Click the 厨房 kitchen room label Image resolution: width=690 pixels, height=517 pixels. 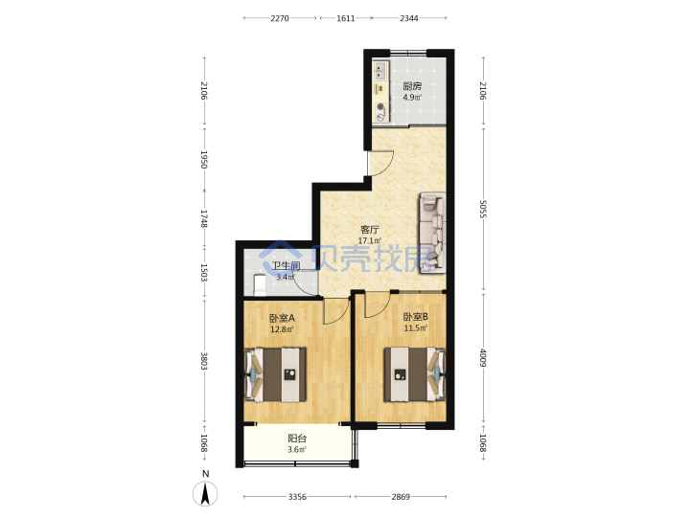[412, 86]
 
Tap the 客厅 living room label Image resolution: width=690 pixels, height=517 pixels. [370, 230]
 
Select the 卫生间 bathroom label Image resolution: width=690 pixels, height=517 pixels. [286, 266]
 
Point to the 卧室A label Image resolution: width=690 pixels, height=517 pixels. [282, 318]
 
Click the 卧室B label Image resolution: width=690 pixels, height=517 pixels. [416, 317]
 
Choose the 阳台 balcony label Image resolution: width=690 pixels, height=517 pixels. [297, 438]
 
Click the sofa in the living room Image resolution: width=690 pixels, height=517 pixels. [432, 232]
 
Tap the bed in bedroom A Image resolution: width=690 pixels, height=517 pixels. [275, 374]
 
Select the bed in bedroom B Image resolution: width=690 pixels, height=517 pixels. [415, 374]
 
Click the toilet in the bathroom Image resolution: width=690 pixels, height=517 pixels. [260, 285]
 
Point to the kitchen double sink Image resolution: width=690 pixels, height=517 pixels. [379, 71]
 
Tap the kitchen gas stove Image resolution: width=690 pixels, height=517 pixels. [380, 112]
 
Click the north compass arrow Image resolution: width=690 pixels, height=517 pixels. [205, 493]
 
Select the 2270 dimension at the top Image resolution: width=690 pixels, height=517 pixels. [280, 18]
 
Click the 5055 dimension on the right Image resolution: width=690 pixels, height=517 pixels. [483, 210]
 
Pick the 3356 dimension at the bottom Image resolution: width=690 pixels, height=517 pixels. [297, 497]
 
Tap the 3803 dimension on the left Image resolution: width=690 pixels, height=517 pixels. [204, 361]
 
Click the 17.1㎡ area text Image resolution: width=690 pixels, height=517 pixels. [370, 241]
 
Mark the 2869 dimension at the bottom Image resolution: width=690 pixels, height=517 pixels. [401, 497]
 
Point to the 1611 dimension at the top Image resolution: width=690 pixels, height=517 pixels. [345, 18]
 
